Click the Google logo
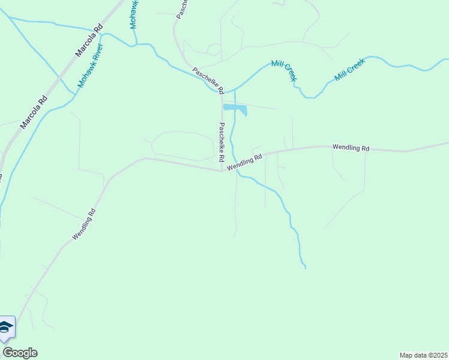(x=20, y=353)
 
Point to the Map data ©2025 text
(x=423, y=355)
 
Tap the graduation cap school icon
(x=6, y=327)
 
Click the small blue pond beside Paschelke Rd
(x=236, y=109)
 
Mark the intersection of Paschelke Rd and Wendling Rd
(x=222, y=170)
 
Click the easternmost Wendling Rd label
(x=351, y=147)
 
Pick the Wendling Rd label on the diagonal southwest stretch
(x=84, y=224)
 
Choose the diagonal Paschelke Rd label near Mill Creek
(x=208, y=80)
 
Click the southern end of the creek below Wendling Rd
(x=305, y=267)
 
